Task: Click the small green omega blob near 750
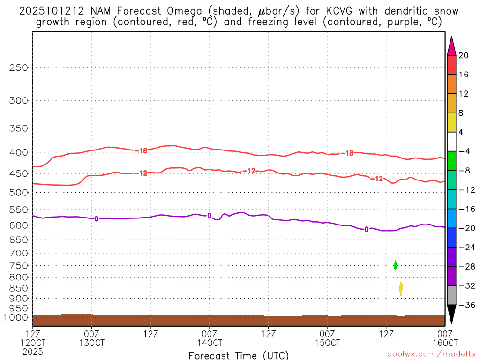point(395,265)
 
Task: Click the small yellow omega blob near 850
point(401,289)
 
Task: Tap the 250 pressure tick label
point(19,67)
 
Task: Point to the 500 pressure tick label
point(19,192)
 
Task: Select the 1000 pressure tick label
point(17,318)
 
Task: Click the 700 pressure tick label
point(19,253)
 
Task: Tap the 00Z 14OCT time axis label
point(209,338)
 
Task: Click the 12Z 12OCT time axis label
point(32,338)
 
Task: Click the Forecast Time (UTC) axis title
point(239,355)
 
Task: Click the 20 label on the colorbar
point(464,55)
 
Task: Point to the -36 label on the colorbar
point(465,305)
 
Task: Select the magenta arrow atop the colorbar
point(451,46)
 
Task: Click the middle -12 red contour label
point(248,171)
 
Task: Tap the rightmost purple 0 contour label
point(366,229)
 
